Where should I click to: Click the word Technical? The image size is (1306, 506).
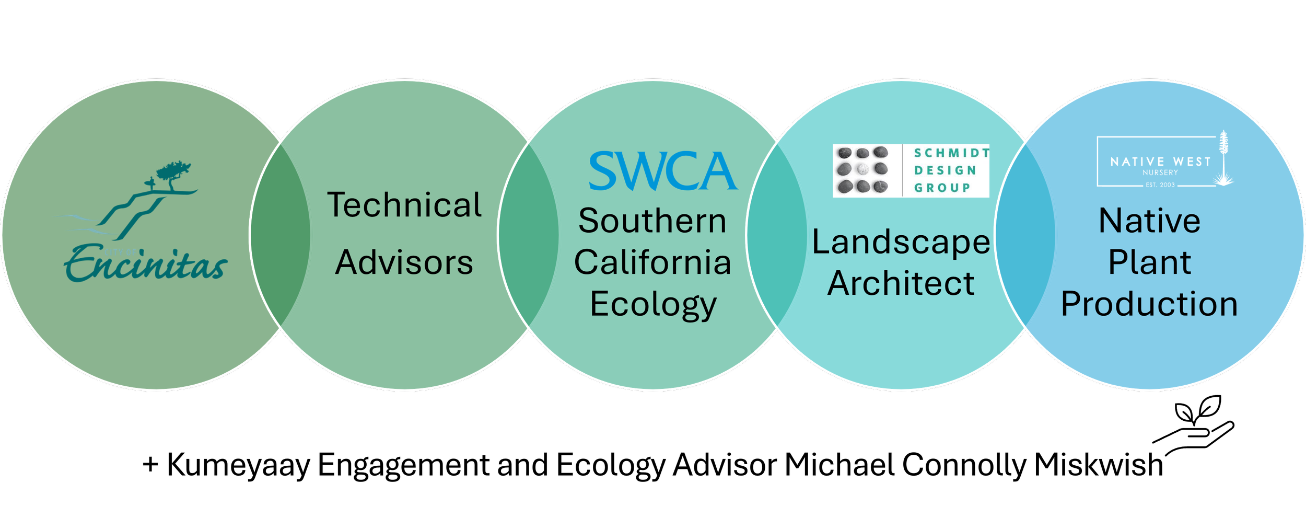[404, 205]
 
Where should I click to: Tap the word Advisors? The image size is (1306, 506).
[404, 262]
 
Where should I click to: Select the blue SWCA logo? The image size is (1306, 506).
[662, 171]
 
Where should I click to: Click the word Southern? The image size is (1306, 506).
[652, 221]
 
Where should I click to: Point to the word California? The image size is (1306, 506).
[652, 262]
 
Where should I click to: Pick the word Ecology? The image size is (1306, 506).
[653, 305]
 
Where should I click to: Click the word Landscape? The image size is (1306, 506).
[901, 243]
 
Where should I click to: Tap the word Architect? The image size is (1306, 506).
[901, 284]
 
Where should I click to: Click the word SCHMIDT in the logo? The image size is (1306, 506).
[951, 153]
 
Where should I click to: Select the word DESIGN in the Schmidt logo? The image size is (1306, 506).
[945, 170]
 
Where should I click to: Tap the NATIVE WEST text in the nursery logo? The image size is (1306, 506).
[1160, 162]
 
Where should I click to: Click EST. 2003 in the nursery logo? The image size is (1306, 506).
[1160, 185]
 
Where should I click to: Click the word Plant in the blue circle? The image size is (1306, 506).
[1149, 262]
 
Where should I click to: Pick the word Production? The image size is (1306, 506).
[1149, 304]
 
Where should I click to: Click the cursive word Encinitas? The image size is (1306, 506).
[146, 265]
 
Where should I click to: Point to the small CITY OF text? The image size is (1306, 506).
[120, 252]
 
